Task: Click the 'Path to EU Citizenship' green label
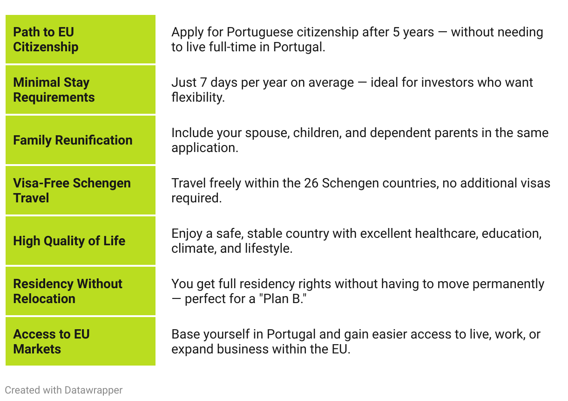81,39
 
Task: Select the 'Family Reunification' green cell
81,140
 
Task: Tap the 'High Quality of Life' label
81,241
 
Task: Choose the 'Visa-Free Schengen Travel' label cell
81,190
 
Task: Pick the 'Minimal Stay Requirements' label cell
81,90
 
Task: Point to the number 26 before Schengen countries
311,183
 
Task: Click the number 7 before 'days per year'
203,83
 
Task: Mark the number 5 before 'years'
396,32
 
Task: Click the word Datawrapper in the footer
93,390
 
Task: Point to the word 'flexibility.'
198,97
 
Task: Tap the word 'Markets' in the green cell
37,349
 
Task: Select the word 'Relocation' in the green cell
44,299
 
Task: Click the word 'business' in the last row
243,349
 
